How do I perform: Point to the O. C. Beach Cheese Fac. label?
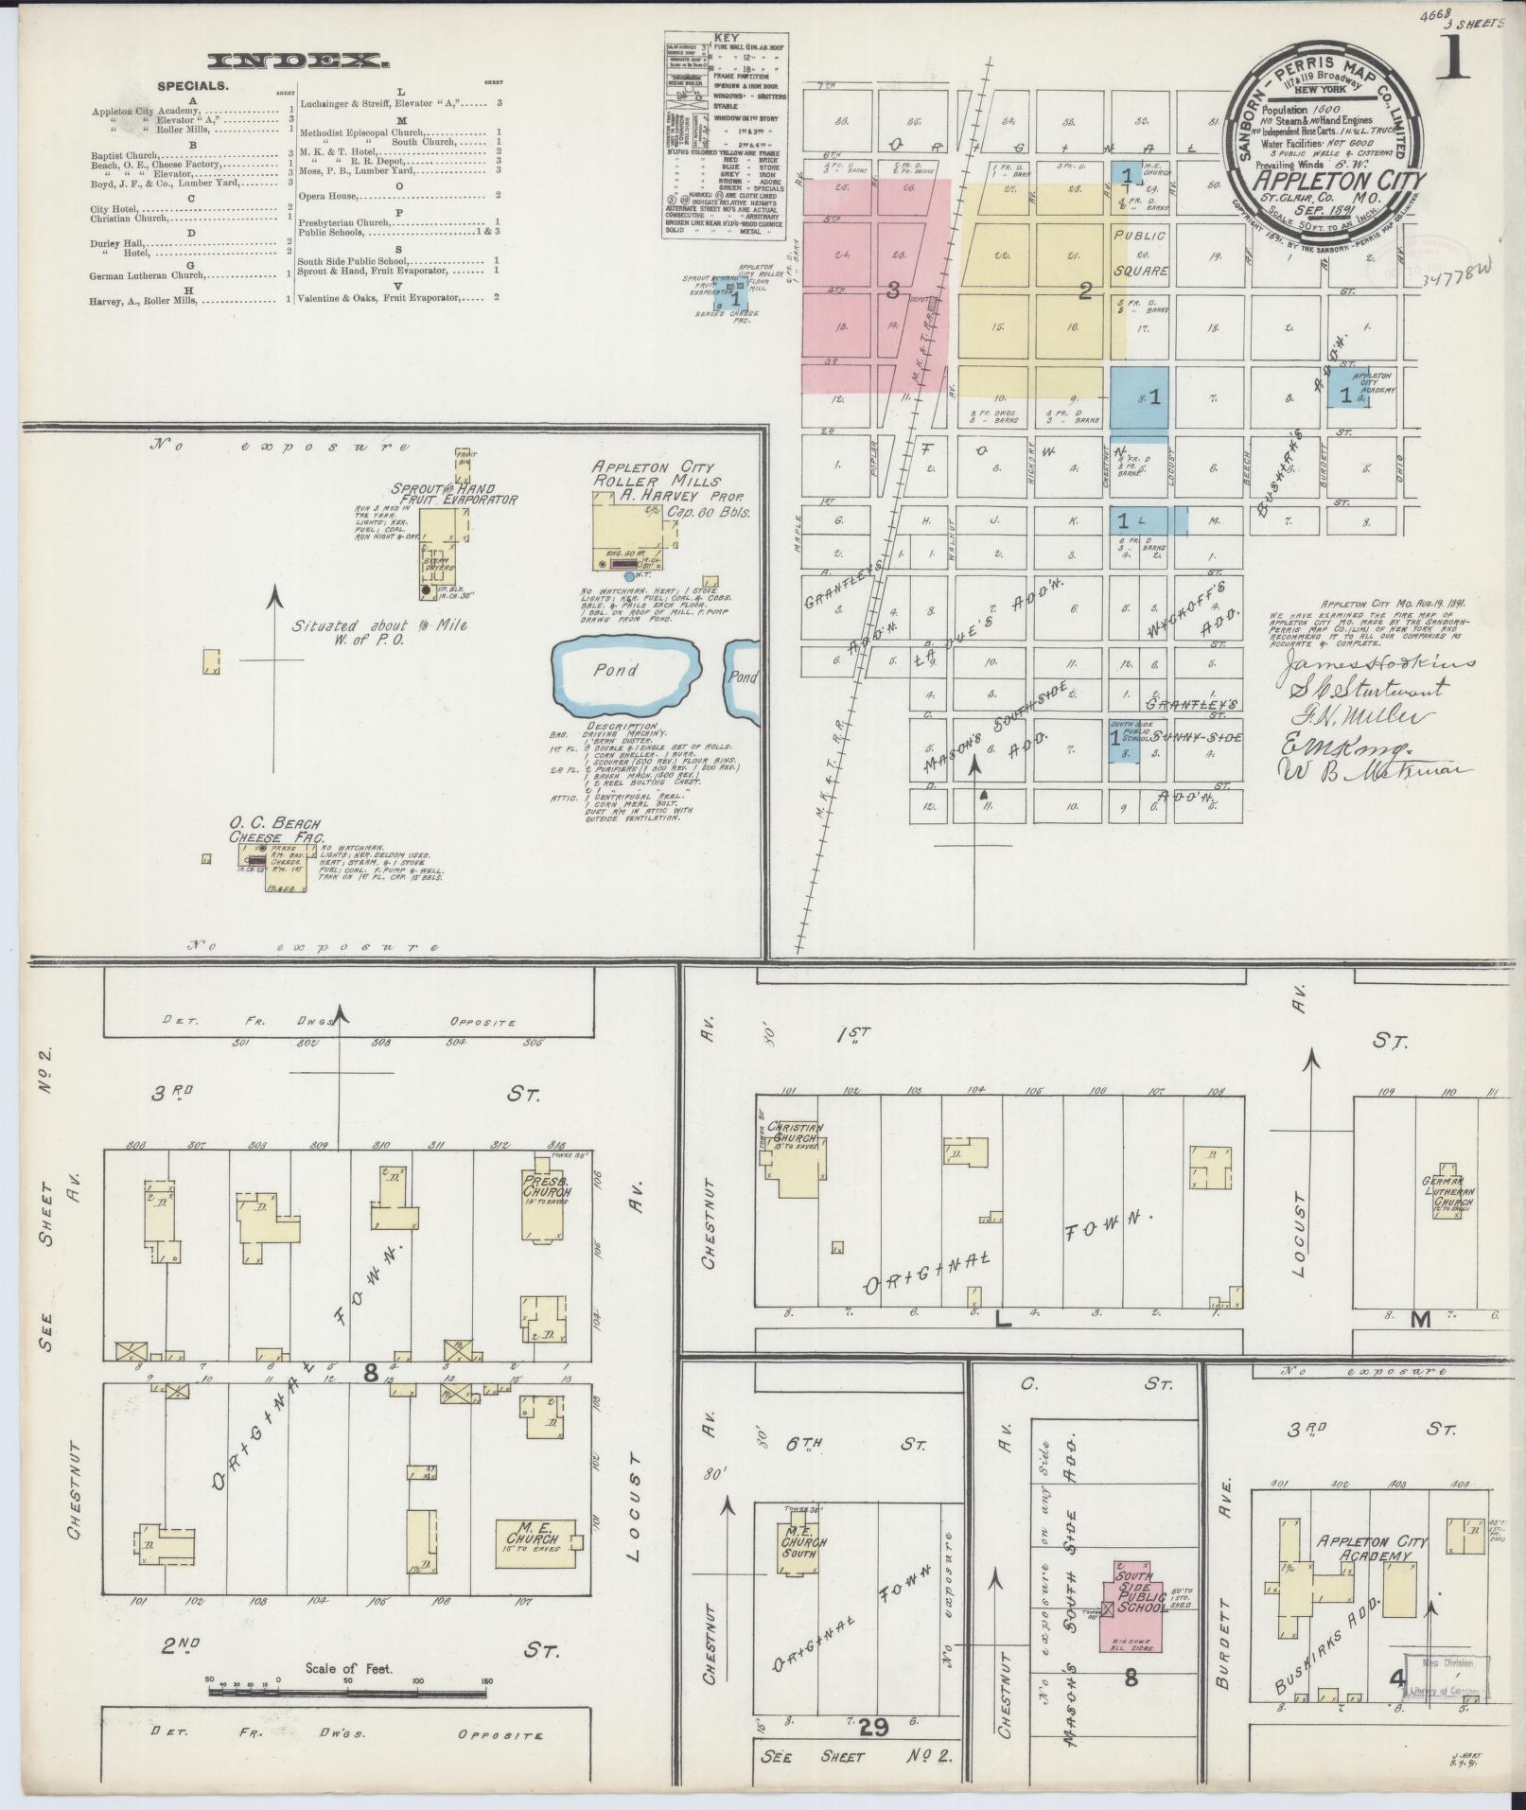[276, 830]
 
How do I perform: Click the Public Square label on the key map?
[1140, 252]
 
